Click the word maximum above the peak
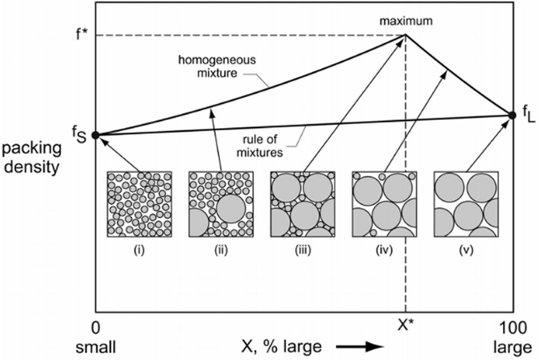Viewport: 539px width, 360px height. click(x=406, y=21)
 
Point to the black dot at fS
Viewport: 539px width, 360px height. click(x=95, y=135)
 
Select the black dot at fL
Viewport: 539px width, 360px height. click(x=512, y=115)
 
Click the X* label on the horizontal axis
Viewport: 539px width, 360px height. click(x=406, y=325)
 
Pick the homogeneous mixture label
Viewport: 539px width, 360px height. click(x=217, y=66)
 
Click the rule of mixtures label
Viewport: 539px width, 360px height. click(x=260, y=146)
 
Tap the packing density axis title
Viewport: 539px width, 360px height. click(x=32, y=158)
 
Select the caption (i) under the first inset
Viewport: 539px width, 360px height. click(x=139, y=250)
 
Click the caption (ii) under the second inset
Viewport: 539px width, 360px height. click(x=221, y=250)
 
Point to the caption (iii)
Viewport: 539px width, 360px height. click(x=303, y=250)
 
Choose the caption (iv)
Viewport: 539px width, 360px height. click(x=384, y=250)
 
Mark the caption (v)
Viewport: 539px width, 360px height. click(x=466, y=250)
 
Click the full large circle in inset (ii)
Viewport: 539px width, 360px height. click(x=231, y=208)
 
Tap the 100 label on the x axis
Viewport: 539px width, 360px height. click(x=513, y=328)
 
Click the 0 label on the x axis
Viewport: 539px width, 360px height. click(x=95, y=328)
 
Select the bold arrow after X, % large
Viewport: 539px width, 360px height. click(x=360, y=347)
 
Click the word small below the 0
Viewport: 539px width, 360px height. click(x=96, y=347)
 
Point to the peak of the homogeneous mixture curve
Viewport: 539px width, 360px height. click(x=406, y=35)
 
